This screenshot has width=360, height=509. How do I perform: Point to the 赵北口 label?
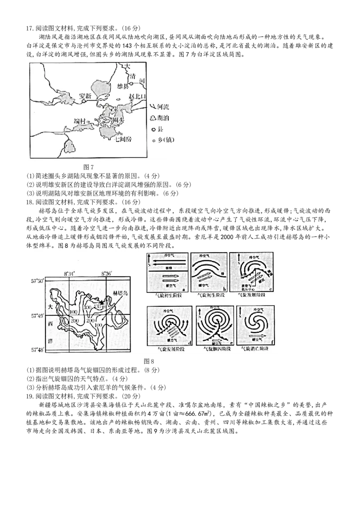click(138, 98)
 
